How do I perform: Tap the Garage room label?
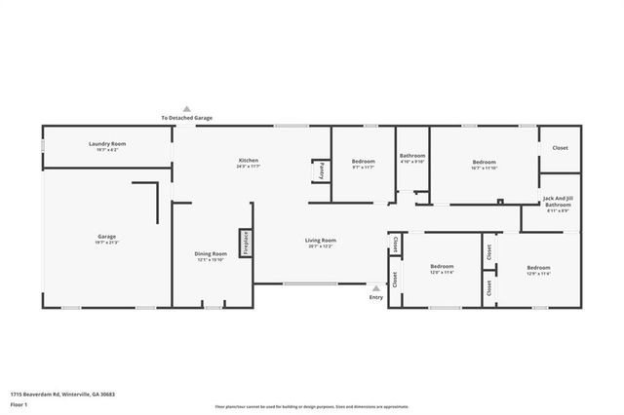(106, 237)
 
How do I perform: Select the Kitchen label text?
(249, 160)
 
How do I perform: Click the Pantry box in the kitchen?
(321, 170)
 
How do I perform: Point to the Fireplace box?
(246, 243)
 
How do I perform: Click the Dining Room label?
(211, 254)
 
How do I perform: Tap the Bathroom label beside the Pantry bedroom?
(412, 156)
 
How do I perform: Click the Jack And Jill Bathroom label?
(558, 202)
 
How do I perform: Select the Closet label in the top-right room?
(560, 148)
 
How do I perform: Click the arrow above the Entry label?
(376, 288)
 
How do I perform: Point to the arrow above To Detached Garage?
(187, 109)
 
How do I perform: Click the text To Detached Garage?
(187, 118)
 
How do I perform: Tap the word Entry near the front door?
(376, 297)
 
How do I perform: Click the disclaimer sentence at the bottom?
(312, 406)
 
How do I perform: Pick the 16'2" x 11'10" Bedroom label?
(485, 163)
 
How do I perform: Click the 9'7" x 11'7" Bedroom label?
(363, 163)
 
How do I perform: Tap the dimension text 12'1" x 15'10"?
(211, 260)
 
